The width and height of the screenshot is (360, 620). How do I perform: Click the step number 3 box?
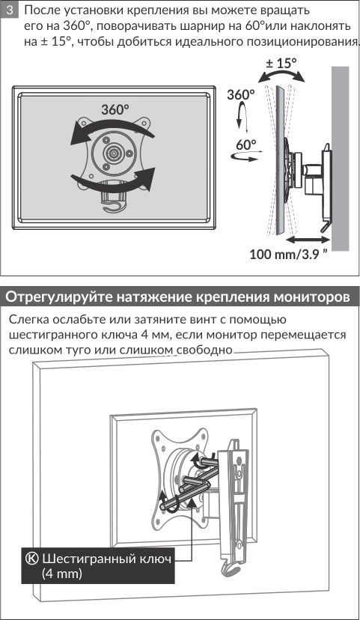[10, 10]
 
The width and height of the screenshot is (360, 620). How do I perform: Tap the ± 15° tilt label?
[281, 63]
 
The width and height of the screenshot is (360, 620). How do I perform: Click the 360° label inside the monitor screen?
[115, 109]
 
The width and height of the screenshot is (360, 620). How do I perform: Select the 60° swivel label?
[246, 145]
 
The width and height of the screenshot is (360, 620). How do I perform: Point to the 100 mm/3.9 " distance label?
[288, 253]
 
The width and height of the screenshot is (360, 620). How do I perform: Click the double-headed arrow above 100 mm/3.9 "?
[308, 240]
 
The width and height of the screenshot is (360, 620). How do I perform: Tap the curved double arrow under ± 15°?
[281, 75]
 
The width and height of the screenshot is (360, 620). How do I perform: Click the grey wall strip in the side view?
[341, 159]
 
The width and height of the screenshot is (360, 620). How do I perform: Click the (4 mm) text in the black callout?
[61, 574]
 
